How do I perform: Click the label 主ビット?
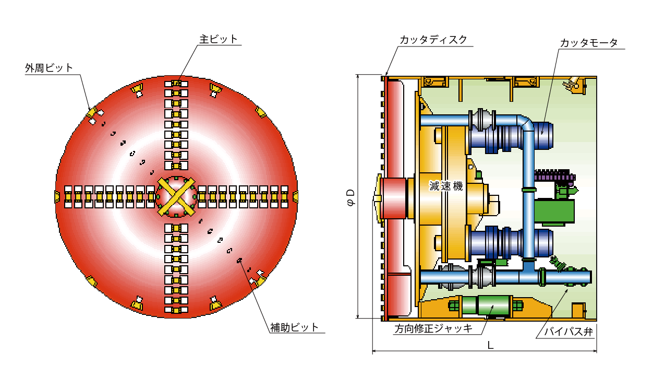click(219, 39)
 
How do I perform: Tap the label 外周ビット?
click(50, 68)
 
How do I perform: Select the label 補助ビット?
click(294, 327)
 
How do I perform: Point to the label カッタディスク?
click(433, 40)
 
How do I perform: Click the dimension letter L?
click(490, 345)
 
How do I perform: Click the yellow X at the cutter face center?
click(176, 197)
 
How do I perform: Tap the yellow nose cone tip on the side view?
click(377, 198)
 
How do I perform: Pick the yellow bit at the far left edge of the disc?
click(57, 197)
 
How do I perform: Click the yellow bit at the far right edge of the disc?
click(295, 197)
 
